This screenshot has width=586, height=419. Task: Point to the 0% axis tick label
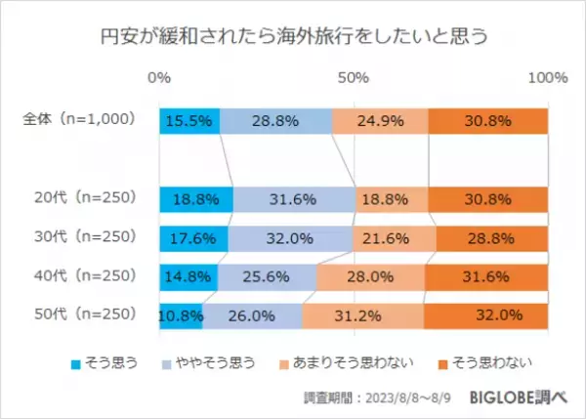pyautogui.click(x=159, y=77)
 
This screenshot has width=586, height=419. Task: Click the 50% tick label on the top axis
pyautogui.click(x=354, y=77)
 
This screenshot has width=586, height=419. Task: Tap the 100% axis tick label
pyautogui.click(x=547, y=77)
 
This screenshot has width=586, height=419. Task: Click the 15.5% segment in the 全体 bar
pyautogui.click(x=189, y=120)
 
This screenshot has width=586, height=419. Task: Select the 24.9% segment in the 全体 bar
pyautogui.click(x=380, y=120)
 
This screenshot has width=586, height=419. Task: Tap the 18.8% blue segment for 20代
pyautogui.click(x=195, y=198)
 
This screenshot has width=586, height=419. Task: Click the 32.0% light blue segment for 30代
pyautogui.click(x=290, y=237)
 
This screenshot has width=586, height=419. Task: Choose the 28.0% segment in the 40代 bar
pyautogui.click(x=370, y=276)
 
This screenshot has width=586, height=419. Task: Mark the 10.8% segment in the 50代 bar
pyautogui.click(x=181, y=315)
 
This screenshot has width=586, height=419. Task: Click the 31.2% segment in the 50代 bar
pyautogui.click(x=362, y=315)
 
